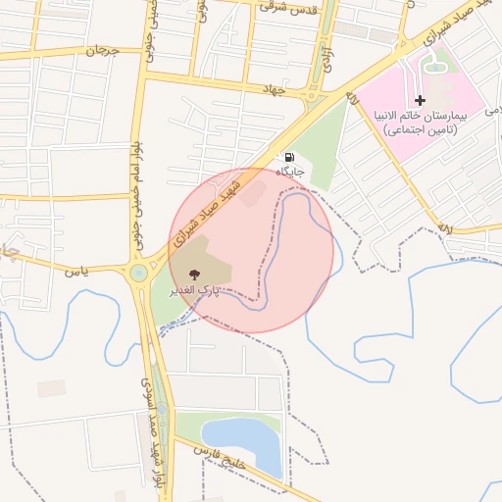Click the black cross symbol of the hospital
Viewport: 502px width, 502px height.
coord(421,100)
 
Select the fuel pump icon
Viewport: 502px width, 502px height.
coord(289,158)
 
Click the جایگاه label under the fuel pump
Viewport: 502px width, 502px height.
coord(289,173)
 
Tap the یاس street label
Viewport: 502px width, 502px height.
coord(77,270)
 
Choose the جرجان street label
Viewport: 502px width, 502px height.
coord(103,48)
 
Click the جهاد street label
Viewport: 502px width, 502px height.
coord(272,90)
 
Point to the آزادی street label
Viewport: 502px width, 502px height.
coord(327,58)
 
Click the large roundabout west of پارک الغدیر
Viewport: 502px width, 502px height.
coord(138,272)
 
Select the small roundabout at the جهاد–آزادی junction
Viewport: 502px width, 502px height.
coord(315,96)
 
